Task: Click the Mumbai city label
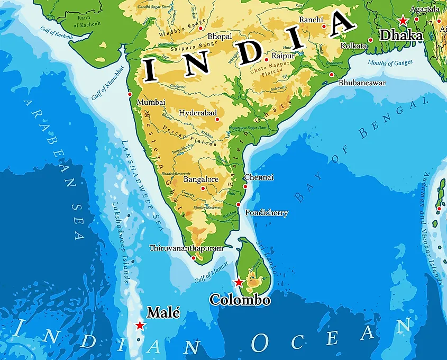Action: (151, 102)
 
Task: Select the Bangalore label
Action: (200, 179)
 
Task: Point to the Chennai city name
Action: (259, 177)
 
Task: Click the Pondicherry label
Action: (267, 213)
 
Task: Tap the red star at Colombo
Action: (239, 282)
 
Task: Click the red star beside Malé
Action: (140, 325)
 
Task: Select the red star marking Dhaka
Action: (403, 20)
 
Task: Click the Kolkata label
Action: (354, 46)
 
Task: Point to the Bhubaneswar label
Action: (362, 83)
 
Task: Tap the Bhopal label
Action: (220, 36)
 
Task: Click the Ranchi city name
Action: (311, 20)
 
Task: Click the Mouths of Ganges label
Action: (391, 63)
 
